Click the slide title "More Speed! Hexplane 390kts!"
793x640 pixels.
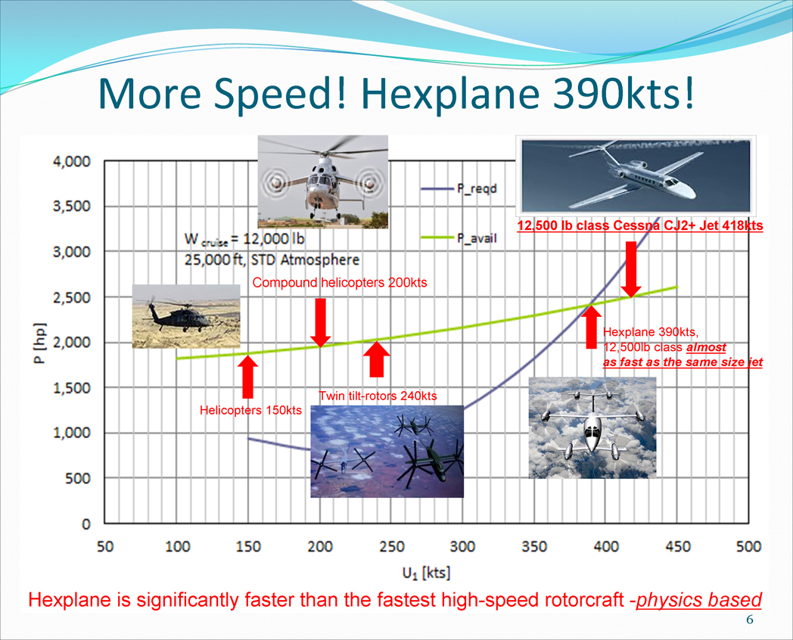tap(396, 93)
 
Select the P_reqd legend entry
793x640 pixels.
tap(459, 188)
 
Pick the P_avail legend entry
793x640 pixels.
tap(459, 238)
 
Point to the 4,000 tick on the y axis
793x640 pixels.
tap(71, 162)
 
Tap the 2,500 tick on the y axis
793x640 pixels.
tap(71, 297)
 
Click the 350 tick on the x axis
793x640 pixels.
tap(534, 546)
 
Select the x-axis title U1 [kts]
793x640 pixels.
tap(426, 573)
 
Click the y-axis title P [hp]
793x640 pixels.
tap(40, 342)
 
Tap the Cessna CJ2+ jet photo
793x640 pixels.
tap(636, 176)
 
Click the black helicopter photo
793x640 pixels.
tap(186, 316)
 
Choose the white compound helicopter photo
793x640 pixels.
tap(323, 182)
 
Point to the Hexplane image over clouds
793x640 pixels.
tap(592, 427)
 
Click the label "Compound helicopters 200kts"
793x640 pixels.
tap(339, 283)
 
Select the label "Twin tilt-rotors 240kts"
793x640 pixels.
tap(378, 396)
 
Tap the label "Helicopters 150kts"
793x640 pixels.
tap(250, 410)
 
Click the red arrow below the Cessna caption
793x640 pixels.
tap(631, 269)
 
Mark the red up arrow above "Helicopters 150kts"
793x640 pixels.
tap(248, 377)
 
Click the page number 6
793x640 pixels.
tap(750, 620)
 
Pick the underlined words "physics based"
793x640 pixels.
tap(699, 600)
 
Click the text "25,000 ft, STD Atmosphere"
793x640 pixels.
tap(272, 259)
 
